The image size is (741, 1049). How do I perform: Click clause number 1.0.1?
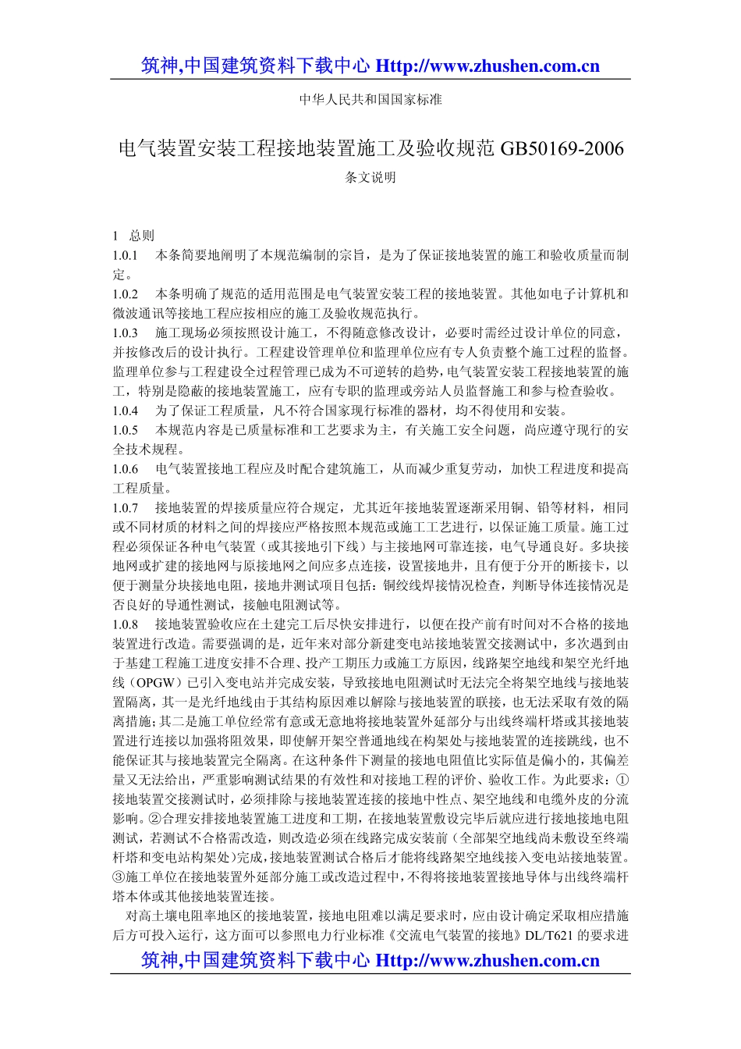125,255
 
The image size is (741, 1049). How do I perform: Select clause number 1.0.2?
125,294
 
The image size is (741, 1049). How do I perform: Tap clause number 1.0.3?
125,333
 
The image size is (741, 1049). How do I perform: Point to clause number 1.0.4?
125,411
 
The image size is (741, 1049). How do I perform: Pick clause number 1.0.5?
125,430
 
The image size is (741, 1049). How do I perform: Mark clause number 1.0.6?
125,469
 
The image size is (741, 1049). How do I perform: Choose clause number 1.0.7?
125,508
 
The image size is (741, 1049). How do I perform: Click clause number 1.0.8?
125,624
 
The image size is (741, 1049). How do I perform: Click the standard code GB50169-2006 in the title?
562,148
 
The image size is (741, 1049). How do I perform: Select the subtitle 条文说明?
370,177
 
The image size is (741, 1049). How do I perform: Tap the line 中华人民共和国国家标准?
370,100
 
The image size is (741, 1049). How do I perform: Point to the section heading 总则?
142,236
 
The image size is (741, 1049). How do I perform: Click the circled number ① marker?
622,780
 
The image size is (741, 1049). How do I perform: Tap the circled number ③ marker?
119,877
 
